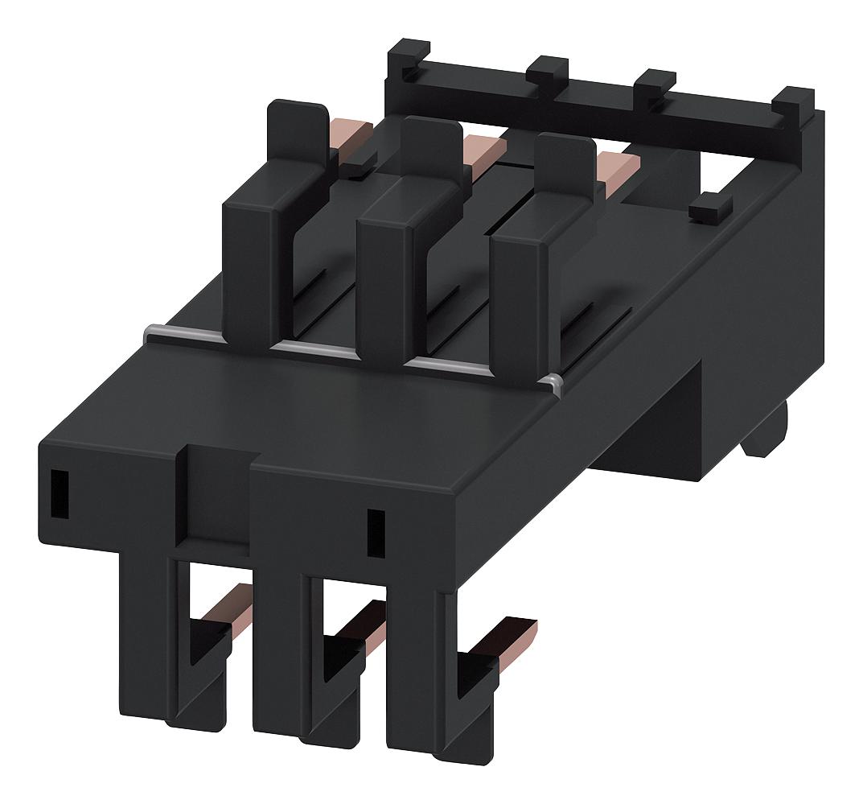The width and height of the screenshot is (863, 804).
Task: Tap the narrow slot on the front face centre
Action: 373,532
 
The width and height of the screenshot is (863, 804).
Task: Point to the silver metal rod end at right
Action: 554,381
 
